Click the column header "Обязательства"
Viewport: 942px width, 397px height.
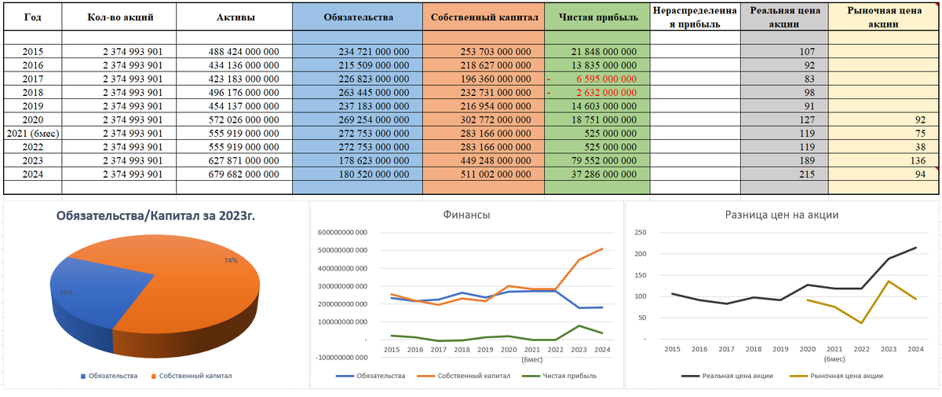click(x=357, y=17)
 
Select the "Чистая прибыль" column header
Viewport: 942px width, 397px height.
click(x=597, y=17)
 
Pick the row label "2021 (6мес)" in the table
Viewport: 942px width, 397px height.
click(x=32, y=133)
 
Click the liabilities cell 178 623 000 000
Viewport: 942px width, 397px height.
click(x=374, y=160)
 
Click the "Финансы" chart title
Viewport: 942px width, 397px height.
click(x=466, y=214)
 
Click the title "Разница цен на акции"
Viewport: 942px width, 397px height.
click(x=781, y=214)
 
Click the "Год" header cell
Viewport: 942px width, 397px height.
click(x=32, y=17)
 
